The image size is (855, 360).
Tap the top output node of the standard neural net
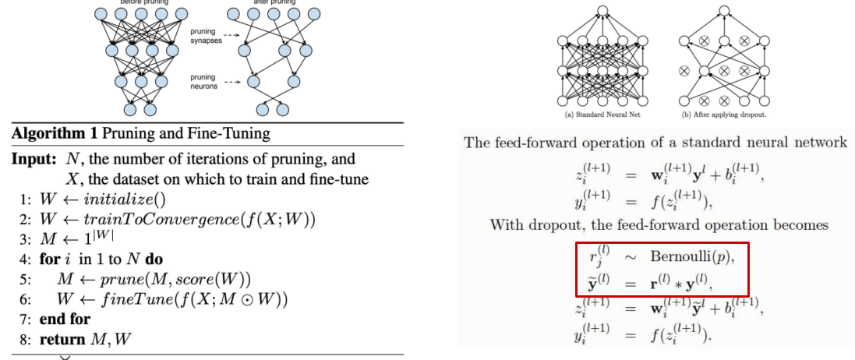(x=600, y=10)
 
